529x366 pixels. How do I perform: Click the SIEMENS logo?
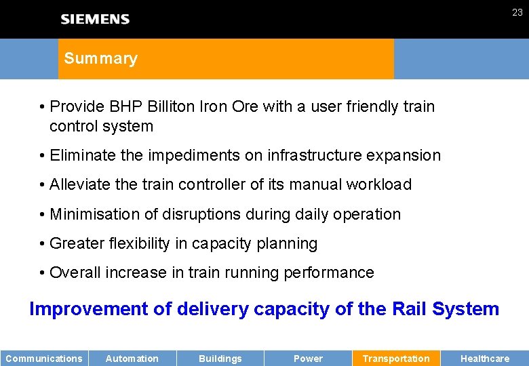pyautogui.click(x=95, y=19)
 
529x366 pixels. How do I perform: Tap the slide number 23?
pyautogui.click(x=517, y=12)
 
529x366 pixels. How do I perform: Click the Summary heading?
pyautogui.click(x=101, y=58)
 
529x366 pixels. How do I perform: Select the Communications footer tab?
pyautogui.click(x=44, y=359)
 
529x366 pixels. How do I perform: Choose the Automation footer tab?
pyautogui.click(x=132, y=359)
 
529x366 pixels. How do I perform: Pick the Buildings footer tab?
pyautogui.click(x=220, y=359)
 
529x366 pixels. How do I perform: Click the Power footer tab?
pyautogui.click(x=308, y=359)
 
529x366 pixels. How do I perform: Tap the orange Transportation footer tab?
pyautogui.click(x=396, y=359)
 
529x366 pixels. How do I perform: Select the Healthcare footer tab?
pyautogui.click(x=485, y=359)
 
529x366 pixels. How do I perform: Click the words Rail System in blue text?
pyautogui.click(x=446, y=309)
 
